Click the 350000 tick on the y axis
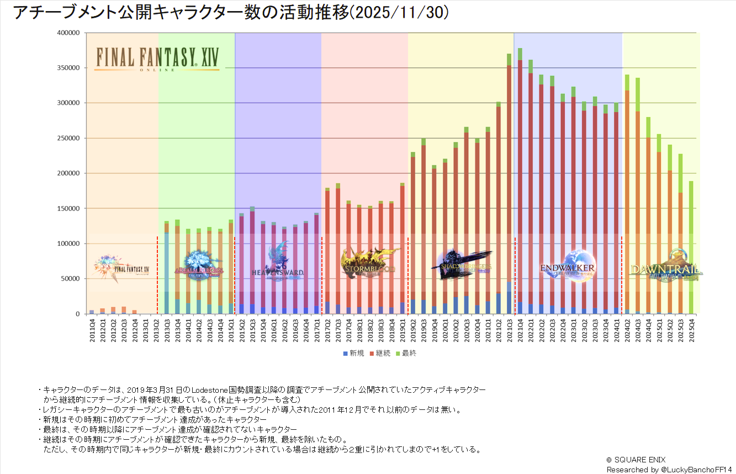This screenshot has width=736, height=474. click(x=70, y=68)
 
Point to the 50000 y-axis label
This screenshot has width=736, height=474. click(x=71, y=278)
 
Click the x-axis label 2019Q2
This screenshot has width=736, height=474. click(x=412, y=330)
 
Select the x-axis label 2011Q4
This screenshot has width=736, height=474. click(x=92, y=330)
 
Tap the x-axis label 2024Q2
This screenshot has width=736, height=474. click(x=627, y=330)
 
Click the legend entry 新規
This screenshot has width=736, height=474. click(x=353, y=353)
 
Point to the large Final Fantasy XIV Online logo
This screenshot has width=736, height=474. click(x=157, y=58)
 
